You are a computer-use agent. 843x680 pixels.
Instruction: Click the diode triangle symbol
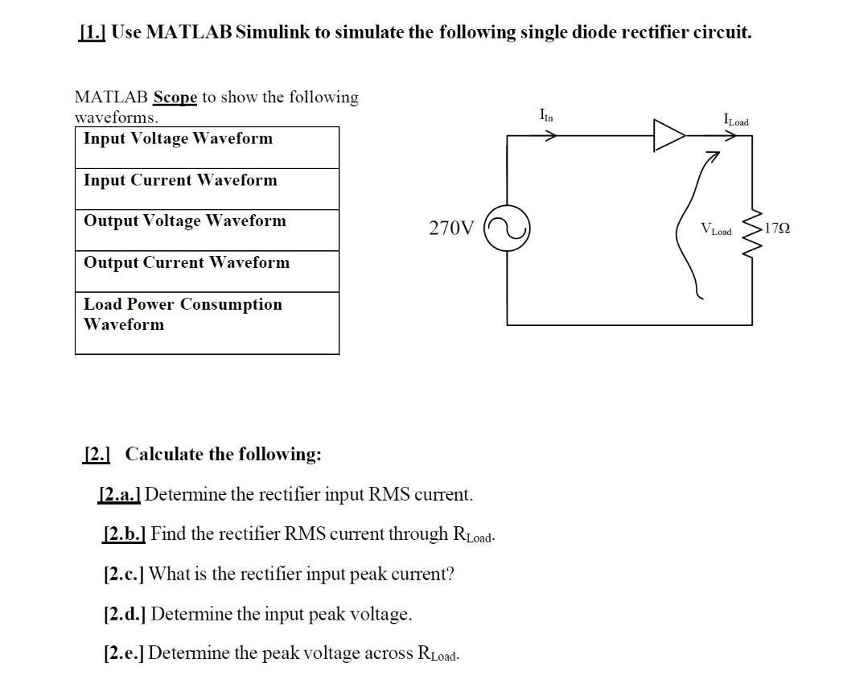click(668, 135)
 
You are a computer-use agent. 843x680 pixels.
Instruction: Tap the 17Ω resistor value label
click(777, 229)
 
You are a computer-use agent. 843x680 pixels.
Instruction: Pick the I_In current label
click(547, 117)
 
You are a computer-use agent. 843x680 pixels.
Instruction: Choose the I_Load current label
click(736, 121)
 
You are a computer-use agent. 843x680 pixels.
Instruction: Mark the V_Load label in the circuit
click(716, 230)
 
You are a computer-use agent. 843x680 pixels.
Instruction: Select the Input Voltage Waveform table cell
click(207, 147)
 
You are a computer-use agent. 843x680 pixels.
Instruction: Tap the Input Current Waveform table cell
click(207, 189)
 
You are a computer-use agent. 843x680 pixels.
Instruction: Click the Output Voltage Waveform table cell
click(207, 230)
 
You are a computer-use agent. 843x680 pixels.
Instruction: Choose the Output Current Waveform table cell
click(207, 271)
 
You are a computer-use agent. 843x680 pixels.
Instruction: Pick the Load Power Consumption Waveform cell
click(207, 322)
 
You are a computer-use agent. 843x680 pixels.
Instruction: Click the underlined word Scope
click(175, 97)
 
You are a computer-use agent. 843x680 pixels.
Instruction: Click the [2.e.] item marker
click(124, 653)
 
